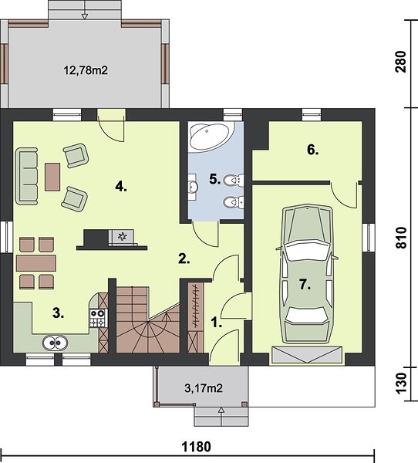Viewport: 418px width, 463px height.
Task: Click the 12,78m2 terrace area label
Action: pyautogui.click(x=86, y=70)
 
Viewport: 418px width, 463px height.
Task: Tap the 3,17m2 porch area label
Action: pyautogui.click(x=204, y=387)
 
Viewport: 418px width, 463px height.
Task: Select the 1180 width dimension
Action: pyautogui.click(x=197, y=447)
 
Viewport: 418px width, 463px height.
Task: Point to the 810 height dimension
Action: pyautogui.click(x=401, y=238)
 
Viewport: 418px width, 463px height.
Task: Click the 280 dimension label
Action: pyautogui.click(x=401, y=62)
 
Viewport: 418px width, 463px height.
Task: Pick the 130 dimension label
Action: pyautogui.click(x=401, y=383)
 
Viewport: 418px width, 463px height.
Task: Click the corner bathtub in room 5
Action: pyautogui.click(x=211, y=137)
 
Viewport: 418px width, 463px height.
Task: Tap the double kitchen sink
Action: pyautogui.click(x=55, y=343)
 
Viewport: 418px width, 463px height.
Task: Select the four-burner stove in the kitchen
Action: pyautogui.click(x=97, y=318)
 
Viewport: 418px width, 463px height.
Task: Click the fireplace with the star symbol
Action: pyautogui.click(x=121, y=237)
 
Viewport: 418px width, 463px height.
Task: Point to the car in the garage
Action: pyautogui.click(x=306, y=274)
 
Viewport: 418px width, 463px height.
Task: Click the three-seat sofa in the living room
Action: pyautogui.click(x=27, y=176)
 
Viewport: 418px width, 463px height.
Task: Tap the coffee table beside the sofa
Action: pyautogui.click(x=52, y=177)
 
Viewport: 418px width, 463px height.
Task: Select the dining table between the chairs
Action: pyautogui.click(x=36, y=263)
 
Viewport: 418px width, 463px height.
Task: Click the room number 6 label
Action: pyautogui.click(x=312, y=150)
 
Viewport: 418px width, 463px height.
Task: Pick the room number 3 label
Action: pyautogui.click(x=58, y=313)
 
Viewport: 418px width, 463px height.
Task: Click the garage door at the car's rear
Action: pyautogui.click(x=307, y=355)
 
